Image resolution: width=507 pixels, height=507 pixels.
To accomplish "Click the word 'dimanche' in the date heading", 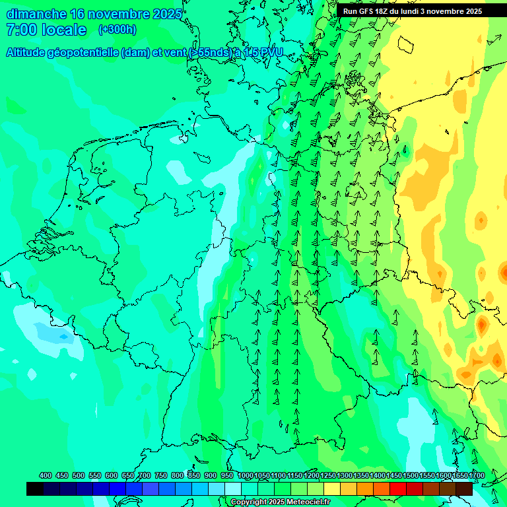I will (36, 14).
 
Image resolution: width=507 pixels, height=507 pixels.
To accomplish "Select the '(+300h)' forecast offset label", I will (117, 29).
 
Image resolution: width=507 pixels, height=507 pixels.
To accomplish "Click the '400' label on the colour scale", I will (46, 475).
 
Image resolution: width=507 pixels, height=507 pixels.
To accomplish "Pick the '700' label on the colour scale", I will (145, 475).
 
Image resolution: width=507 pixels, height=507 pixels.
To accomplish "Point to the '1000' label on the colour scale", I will (246, 475).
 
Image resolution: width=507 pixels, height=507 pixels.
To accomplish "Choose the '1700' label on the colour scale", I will (459, 475).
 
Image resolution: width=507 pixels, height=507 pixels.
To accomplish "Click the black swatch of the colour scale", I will (35, 489).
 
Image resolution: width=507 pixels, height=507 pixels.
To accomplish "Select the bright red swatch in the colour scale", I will (398, 489).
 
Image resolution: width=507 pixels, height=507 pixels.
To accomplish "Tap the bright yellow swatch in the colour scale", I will (332, 489).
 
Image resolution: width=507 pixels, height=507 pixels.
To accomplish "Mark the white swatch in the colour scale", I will (233, 489).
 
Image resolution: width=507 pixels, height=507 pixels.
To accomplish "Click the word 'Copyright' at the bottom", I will (248, 502).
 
